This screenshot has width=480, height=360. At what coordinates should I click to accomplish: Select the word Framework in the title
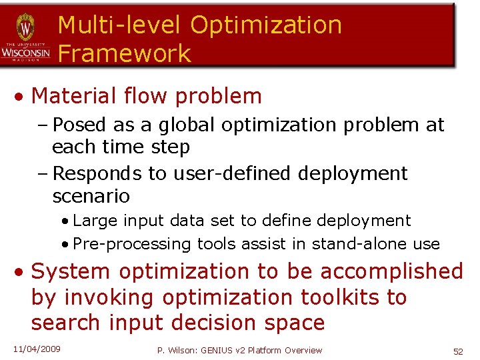[125, 53]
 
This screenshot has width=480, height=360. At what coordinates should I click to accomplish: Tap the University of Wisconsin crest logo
[25, 27]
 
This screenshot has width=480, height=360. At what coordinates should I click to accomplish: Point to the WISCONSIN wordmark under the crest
[25, 52]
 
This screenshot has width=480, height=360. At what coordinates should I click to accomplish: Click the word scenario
[91, 197]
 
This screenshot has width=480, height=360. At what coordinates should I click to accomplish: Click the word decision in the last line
[212, 323]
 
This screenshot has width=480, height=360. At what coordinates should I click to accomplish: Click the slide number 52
[458, 351]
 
